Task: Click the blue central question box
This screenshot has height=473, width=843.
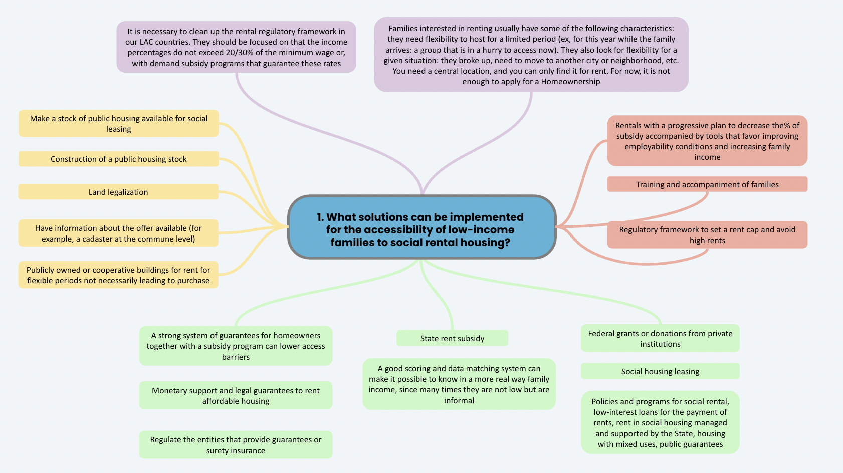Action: (422, 227)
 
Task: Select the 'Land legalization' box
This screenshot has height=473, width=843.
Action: (118, 192)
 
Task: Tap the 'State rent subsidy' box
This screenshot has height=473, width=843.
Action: (452, 338)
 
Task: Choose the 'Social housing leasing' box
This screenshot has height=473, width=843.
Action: (660, 371)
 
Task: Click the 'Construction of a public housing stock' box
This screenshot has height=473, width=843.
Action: (119, 159)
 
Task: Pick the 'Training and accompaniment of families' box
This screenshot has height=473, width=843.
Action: (707, 184)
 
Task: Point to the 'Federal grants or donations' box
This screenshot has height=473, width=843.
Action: (660, 338)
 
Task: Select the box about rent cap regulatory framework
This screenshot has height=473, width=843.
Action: (707, 234)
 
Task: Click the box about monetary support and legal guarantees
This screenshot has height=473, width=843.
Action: (236, 395)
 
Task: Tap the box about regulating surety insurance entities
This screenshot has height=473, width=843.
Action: (236, 445)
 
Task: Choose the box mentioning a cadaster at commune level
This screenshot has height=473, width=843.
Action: (118, 233)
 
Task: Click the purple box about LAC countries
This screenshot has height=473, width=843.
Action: (237, 47)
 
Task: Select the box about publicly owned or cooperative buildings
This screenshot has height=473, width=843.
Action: (118, 275)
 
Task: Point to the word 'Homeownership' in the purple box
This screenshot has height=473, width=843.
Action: (570, 81)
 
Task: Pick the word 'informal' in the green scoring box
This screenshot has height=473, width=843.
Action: (459, 400)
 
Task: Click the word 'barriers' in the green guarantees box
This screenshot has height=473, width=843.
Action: (236, 357)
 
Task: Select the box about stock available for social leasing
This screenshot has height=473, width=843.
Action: (119, 123)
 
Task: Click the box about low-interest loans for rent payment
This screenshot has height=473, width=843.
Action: (660, 422)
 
